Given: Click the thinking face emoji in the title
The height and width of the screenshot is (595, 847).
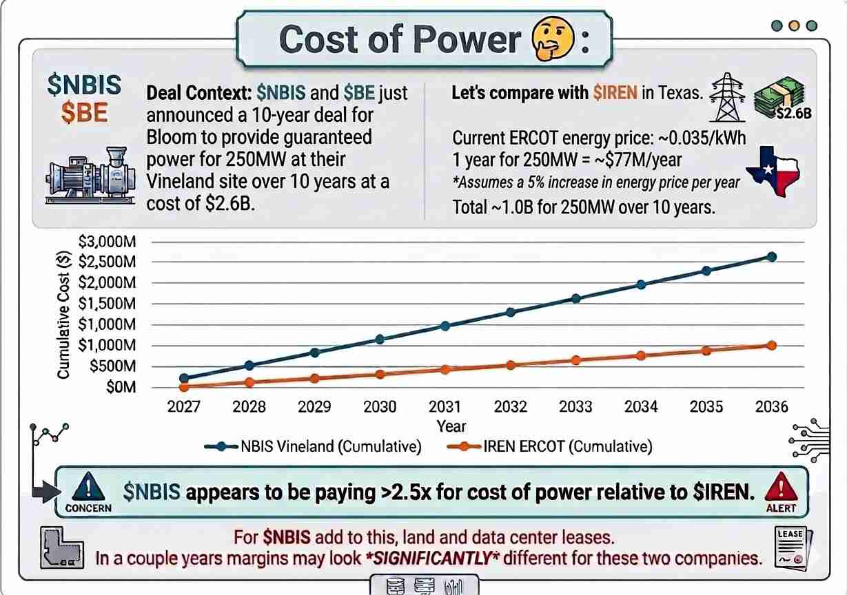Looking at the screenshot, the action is click(x=553, y=38).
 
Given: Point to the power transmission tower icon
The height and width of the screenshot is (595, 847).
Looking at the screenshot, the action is click(x=727, y=97).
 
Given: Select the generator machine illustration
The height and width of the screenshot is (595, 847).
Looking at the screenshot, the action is click(x=90, y=176).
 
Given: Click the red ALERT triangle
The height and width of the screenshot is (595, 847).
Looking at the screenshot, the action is click(x=782, y=492).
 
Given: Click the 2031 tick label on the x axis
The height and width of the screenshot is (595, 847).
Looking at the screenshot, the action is click(x=445, y=407).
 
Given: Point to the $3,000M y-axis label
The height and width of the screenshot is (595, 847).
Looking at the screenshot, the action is click(x=107, y=242).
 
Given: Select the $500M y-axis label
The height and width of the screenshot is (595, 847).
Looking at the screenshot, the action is click(x=113, y=366).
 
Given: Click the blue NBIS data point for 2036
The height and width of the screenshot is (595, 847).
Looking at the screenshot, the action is click(x=772, y=257).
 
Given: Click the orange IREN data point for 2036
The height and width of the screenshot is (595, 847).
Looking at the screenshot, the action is click(x=772, y=345).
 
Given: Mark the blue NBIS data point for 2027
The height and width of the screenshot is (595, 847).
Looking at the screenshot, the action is click(x=184, y=378).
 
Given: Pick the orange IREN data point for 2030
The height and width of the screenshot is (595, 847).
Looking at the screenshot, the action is click(x=380, y=375).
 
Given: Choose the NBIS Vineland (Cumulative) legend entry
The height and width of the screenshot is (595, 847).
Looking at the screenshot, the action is click(x=313, y=446).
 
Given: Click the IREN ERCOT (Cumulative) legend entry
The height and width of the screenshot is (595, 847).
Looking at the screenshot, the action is click(x=550, y=446).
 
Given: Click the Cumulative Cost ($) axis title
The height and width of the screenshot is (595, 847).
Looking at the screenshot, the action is click(x=63, y=314).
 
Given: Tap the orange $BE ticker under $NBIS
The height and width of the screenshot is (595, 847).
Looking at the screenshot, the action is click(x=84, y=112).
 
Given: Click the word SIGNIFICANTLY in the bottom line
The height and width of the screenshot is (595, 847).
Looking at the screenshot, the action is click(x=433, y=559).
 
